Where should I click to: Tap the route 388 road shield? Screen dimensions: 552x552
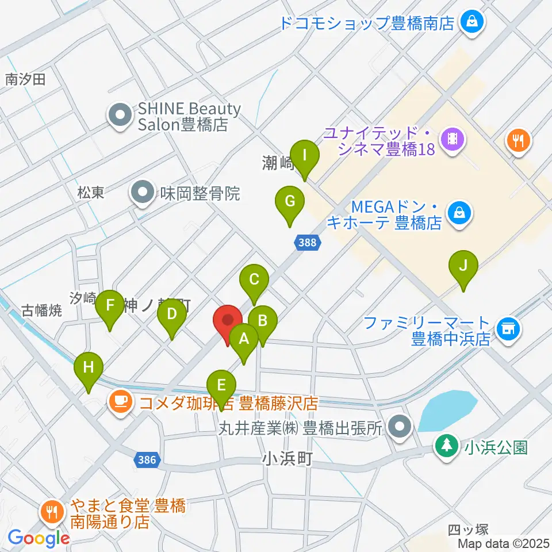(x=308, y=243)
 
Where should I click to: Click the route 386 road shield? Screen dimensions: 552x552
(x=147, y=459)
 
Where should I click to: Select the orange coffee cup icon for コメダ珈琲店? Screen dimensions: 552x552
(x=119, y=400)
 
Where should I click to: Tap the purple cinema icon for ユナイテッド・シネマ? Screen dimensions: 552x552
(x=453, y=139)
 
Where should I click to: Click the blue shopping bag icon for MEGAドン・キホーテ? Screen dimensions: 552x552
(x=461, y=213)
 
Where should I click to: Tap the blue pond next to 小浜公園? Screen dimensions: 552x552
(x=448, y=409)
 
